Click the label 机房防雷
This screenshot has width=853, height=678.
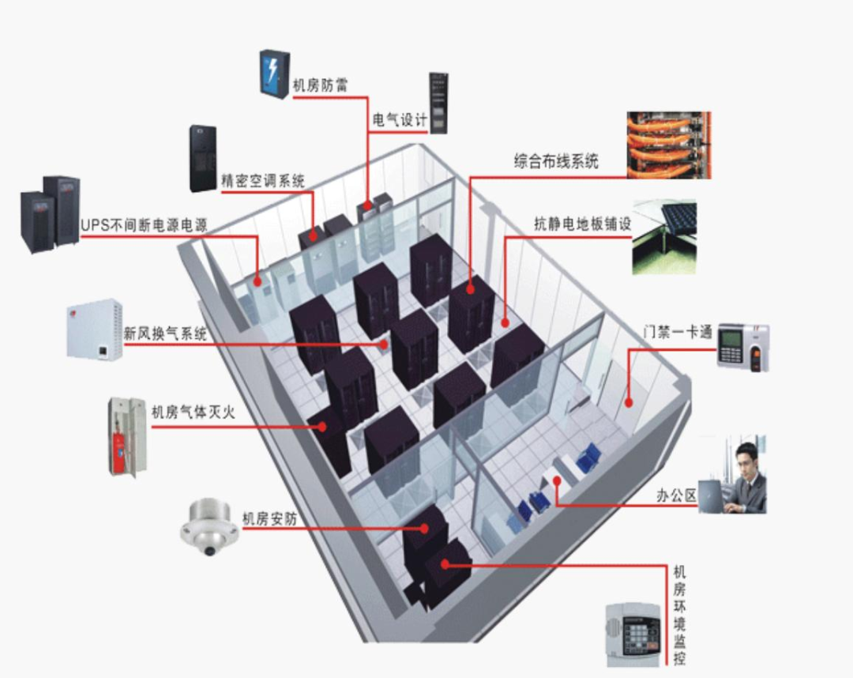click(320, 85)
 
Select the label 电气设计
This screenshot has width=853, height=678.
click(399, 120)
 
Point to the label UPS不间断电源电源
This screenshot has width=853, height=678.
click(144, 225)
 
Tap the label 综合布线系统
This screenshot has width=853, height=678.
click(556, 162)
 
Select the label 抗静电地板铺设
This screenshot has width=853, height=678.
click(582, 224)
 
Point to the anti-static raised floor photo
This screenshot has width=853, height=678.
click(664, 236)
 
